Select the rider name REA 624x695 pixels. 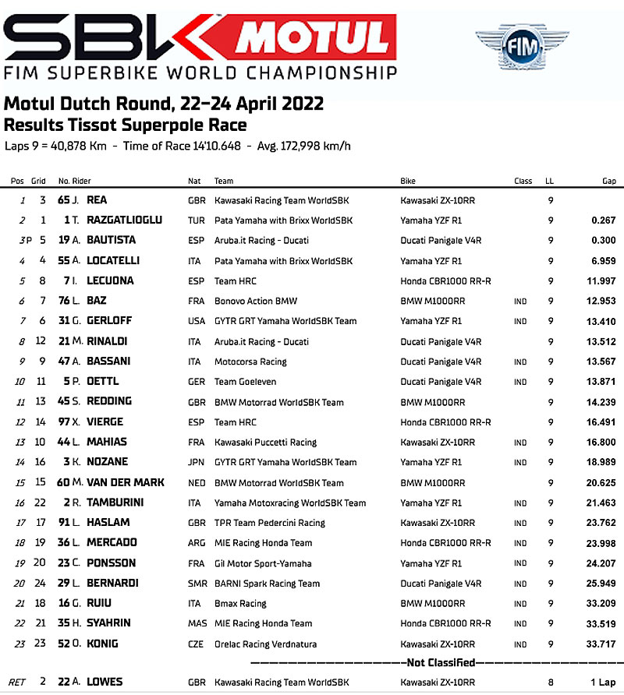click(97, 200)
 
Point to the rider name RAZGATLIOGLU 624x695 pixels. click(124, 220)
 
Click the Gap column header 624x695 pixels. click(608, 181)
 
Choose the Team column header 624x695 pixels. click(224, 181)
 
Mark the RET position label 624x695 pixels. click(16, 683)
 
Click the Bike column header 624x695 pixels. click(408, 181)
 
